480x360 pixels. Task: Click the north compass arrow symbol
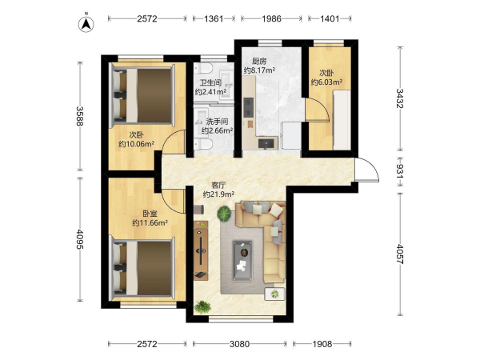point(86,24)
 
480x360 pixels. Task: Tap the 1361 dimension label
point(214,18)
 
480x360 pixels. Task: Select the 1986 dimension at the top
point(271,18)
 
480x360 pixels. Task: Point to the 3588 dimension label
point(80,116)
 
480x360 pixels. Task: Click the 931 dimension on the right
point(400,171)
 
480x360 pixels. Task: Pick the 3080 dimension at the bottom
point(239,344)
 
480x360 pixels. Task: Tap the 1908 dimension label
point(322,344)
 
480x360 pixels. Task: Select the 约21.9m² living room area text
point(218,194)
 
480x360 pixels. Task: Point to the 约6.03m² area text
point(326,82)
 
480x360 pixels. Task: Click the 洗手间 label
point(217,122)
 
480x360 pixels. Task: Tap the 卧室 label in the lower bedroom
point(150,214)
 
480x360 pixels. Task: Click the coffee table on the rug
point(242,261)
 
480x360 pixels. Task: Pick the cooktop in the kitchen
point(248,107)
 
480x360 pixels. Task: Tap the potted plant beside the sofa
point(224,213)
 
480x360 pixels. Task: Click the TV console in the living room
point(201,250)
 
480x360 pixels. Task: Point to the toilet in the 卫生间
point(203,68)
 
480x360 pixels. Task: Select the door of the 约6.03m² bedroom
point(317,110)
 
